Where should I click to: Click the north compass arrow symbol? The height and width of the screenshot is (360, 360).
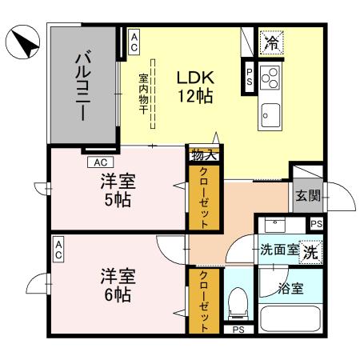[x=22, y=42]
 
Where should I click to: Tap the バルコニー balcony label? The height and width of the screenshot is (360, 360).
[x=82, y=86]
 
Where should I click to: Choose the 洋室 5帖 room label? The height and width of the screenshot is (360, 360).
[x=117, y=188]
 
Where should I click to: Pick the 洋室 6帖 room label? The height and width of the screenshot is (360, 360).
[x=117, y=286]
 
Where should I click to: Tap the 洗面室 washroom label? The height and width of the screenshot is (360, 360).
[x=279, y=250]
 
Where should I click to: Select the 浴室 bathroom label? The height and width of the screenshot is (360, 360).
[x=290, y=288]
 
